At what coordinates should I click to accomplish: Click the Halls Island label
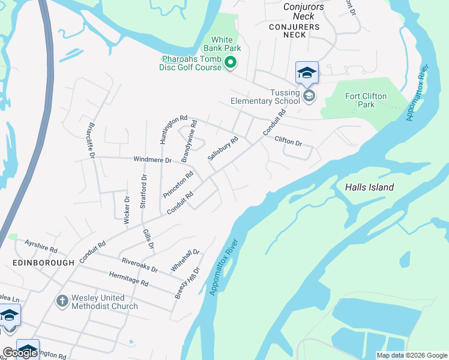369,187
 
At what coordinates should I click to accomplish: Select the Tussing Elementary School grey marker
309,96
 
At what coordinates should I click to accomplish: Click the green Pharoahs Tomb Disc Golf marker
230,62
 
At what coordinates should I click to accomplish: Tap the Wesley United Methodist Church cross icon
62,301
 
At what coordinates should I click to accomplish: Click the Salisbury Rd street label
223,148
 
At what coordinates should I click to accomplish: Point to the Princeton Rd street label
178,185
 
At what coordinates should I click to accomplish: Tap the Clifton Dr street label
288,141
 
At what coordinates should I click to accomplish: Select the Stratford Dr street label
143,191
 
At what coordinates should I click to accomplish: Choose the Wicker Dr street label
127,210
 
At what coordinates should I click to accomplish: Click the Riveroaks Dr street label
139,265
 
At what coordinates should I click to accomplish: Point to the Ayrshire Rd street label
41,246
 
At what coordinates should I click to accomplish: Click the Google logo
20,353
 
